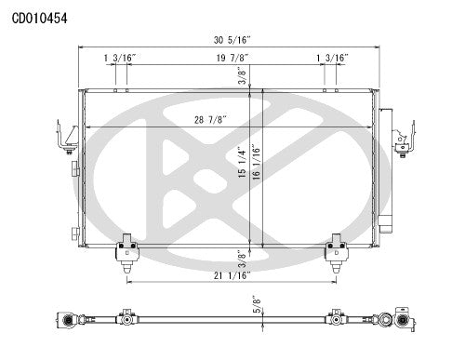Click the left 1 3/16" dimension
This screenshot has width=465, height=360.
[x=120, y=58]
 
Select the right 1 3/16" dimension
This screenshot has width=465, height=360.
[x=332, y=58]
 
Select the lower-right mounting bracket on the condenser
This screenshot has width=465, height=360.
[x=336, y=249]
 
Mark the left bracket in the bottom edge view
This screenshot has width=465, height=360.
[x=125, y=317]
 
